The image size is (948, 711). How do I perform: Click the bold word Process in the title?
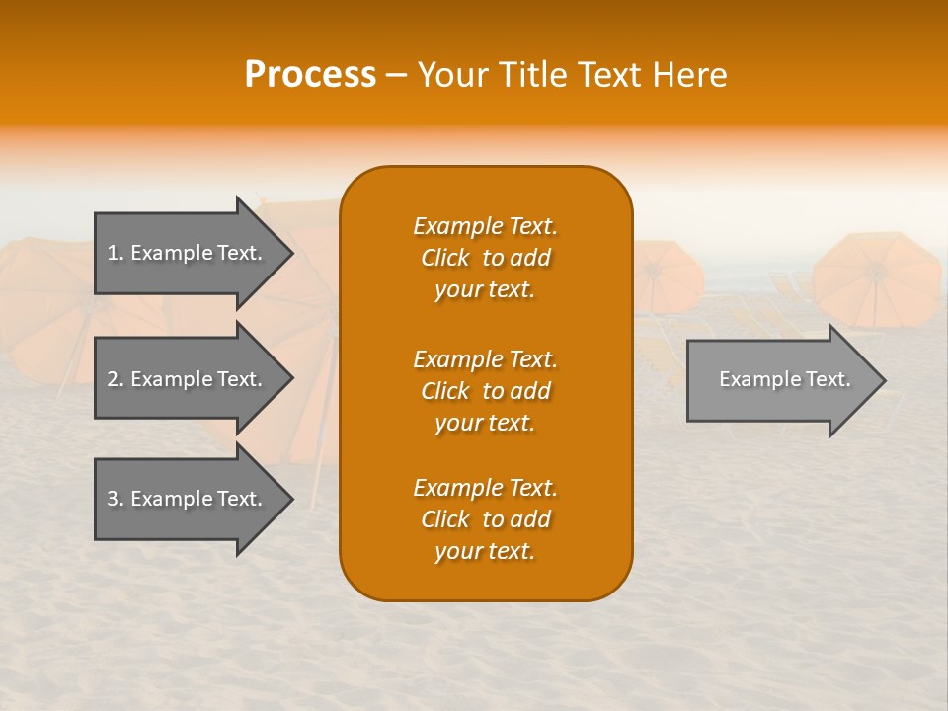(x=310, y=75)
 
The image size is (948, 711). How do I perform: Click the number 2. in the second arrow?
(x=116, y=379)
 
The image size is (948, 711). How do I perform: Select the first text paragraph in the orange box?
(x=485, y=258)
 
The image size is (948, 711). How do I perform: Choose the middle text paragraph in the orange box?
(x=485, y=391)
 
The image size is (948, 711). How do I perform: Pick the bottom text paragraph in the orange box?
(x=485, y=519)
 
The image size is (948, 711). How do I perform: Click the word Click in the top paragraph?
(x=445, y=258)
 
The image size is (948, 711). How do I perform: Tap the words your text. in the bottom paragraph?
(x=485, y=552)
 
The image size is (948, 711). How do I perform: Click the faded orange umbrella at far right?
(x=877, y=276)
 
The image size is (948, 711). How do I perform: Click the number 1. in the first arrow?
(x=116, y=253)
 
